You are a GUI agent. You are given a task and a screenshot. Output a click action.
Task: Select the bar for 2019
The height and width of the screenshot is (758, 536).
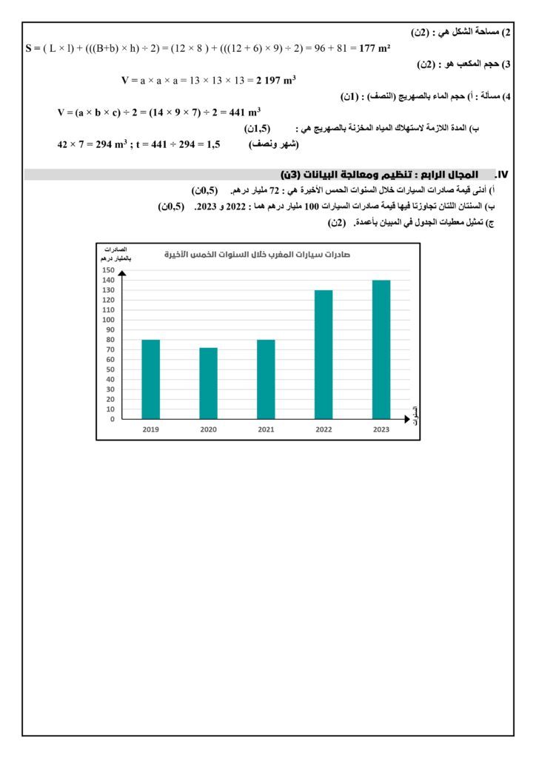(151, 379)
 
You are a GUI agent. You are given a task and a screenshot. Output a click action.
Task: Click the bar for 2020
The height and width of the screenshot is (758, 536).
(209, 383)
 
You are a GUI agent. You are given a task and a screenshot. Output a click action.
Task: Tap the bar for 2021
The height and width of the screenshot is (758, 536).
(267, 379)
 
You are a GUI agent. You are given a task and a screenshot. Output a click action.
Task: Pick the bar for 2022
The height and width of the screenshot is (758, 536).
(324, 354)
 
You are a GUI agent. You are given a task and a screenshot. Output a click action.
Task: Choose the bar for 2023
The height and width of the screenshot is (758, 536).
(381, 349)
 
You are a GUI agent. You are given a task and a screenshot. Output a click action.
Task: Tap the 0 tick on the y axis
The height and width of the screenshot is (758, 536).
(111, 419)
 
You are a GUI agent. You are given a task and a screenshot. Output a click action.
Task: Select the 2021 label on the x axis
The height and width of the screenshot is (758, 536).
(267, 429)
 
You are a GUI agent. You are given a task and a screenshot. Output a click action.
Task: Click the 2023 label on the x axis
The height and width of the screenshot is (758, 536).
(381, 429)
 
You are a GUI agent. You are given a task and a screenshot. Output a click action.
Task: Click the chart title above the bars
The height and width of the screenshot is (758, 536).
(257, 255)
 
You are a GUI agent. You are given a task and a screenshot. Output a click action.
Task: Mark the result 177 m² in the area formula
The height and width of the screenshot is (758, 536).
(375, 48)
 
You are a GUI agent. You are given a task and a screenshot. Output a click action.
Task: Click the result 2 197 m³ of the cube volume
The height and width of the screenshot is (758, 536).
(276, 80)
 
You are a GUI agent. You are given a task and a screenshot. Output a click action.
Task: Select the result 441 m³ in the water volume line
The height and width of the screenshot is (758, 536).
(244, 113)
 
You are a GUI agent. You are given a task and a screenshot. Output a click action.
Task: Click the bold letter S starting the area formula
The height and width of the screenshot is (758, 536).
(29, 48)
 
